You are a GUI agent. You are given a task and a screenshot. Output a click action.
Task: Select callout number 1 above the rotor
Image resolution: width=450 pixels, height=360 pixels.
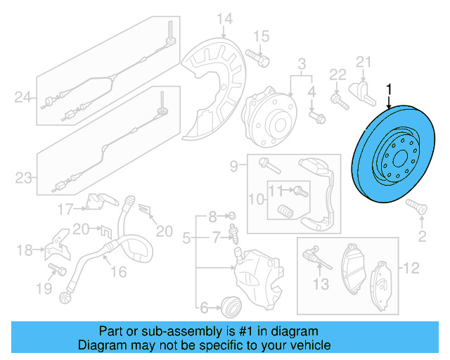tap(388, 89)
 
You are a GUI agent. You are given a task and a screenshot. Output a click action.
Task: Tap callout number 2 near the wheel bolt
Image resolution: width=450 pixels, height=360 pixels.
tap(422, 235)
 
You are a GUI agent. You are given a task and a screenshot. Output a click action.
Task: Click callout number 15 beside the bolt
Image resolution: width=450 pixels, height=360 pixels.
tap(261, 36)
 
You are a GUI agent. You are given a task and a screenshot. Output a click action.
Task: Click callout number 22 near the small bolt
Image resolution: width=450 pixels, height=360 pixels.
tap(338, 75)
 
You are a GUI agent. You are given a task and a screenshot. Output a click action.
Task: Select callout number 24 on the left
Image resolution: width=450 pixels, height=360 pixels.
tap(23, 98)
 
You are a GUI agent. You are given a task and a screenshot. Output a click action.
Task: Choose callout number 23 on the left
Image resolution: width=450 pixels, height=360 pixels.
tap(23, 178)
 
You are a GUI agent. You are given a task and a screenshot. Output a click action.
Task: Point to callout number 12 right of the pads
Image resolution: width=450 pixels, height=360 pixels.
tap(411, 267)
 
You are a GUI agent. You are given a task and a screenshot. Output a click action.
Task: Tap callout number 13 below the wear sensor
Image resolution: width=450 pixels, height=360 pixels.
tap(321, 284)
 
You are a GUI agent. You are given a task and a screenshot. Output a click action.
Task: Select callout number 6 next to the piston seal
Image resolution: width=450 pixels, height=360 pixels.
tap(205, 307)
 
